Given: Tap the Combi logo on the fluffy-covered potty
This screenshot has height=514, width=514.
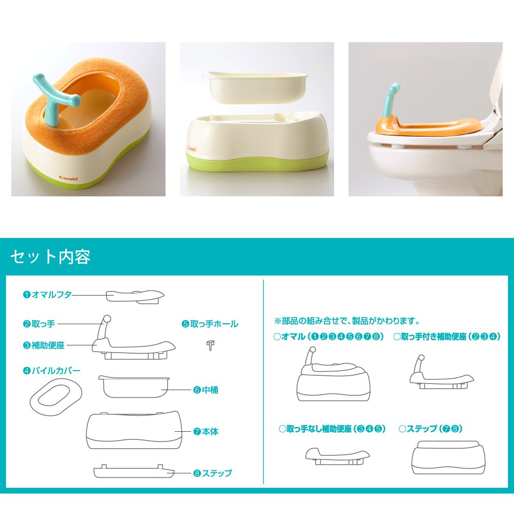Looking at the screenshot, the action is (68, 178).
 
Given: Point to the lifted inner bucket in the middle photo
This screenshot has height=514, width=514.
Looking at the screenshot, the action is (255, 86).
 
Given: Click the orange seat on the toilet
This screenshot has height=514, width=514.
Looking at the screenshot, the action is (426, 126).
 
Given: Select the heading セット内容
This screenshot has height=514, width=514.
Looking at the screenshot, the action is (50, 256).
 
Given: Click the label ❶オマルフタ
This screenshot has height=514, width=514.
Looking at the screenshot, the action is (47, 295).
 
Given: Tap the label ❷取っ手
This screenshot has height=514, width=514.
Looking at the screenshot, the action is (39, 324).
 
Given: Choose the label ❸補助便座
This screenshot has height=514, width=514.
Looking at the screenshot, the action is (44, 345).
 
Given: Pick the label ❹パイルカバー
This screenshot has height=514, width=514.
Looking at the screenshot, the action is (51, 371).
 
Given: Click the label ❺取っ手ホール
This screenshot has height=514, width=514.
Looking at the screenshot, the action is (210, 324).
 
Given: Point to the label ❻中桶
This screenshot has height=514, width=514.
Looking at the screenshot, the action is (206, 390).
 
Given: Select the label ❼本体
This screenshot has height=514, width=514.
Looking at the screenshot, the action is (206, 431).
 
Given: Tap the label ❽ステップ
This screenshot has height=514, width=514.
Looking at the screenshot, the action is (212, 473).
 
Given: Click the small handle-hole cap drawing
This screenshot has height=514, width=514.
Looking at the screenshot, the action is (210, 345).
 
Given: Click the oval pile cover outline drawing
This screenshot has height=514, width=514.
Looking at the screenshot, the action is (56, 397).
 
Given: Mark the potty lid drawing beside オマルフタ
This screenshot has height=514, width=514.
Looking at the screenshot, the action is (135, 297).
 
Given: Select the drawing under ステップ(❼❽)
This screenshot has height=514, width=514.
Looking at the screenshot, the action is (448, 457).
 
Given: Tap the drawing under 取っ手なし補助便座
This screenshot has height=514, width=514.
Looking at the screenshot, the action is (337, 456).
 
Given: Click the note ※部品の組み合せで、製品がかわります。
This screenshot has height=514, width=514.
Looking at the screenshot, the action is (347, 321).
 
